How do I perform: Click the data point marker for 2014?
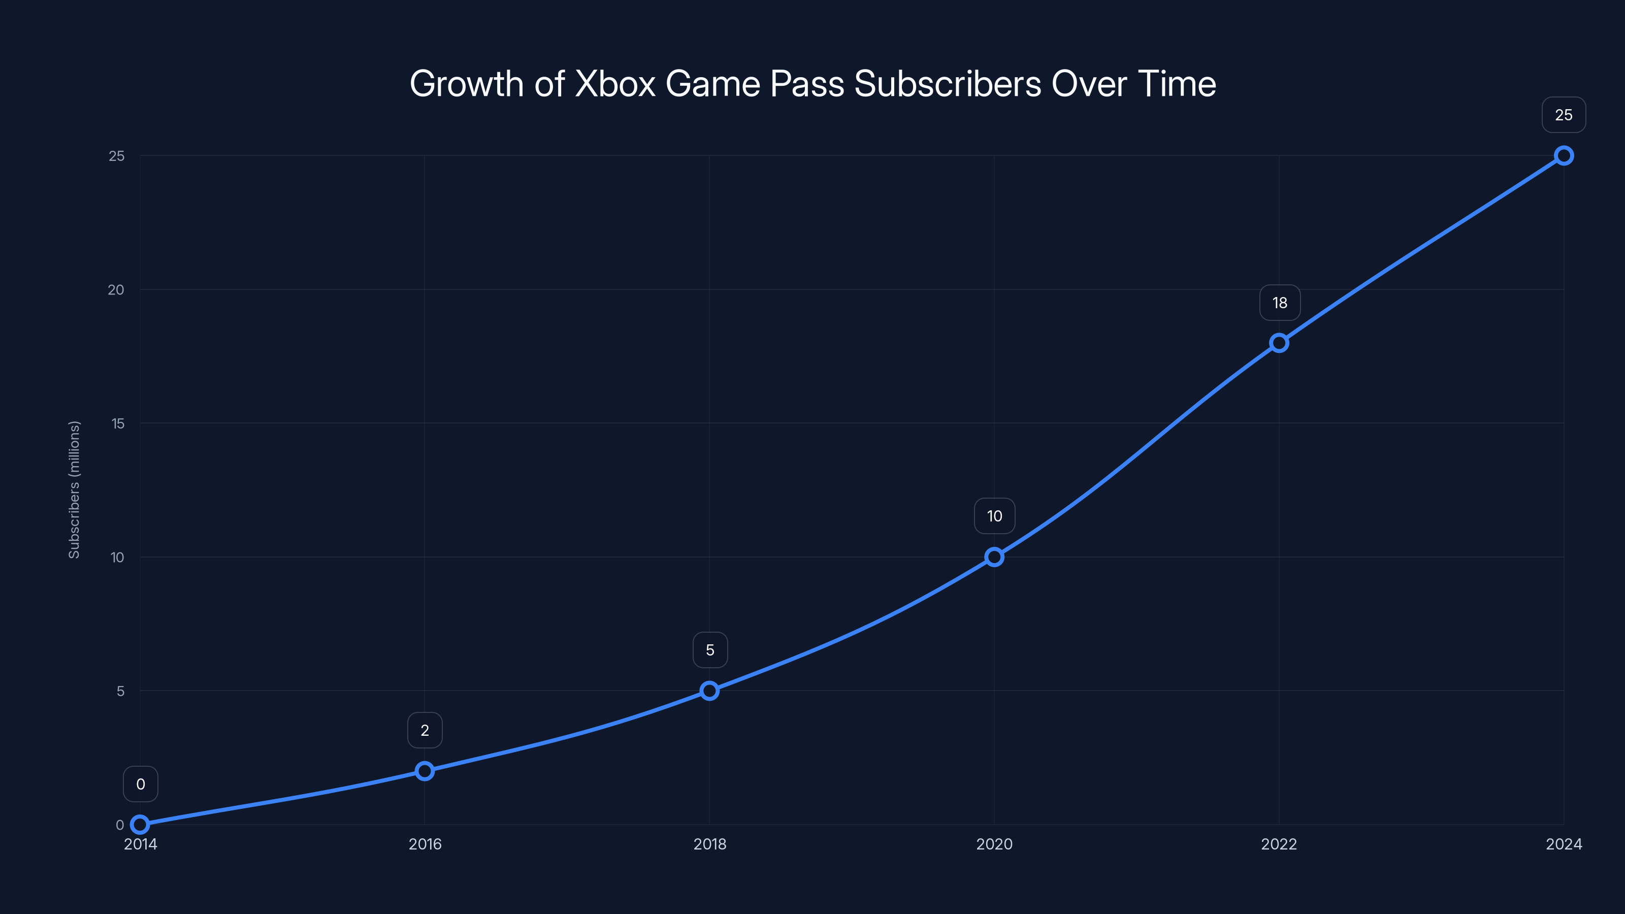tap(140, 825)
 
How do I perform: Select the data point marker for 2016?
tap(425, 771)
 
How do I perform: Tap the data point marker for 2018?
tap(710, 691)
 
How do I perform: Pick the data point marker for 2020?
tap(994, 557)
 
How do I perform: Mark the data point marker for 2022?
tap(1279, 343)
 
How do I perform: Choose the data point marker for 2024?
tap(1564, 156)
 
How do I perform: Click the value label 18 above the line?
tap(1279, 303)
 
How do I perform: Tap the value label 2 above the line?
tap(425, 731)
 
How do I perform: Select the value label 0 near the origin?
tap(140, 784)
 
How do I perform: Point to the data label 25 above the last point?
tap(1564, 115)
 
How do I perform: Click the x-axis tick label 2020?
tap(994, 844)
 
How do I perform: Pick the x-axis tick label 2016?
tap(425, 844)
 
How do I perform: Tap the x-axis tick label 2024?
tap(1564, 844)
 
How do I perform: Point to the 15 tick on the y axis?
tap(118, 423)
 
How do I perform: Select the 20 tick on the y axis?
tap(116, 289)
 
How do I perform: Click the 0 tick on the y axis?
tap(120, 825)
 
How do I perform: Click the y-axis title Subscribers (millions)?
tap(74, 489)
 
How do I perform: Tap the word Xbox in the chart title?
tap(615, 84)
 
